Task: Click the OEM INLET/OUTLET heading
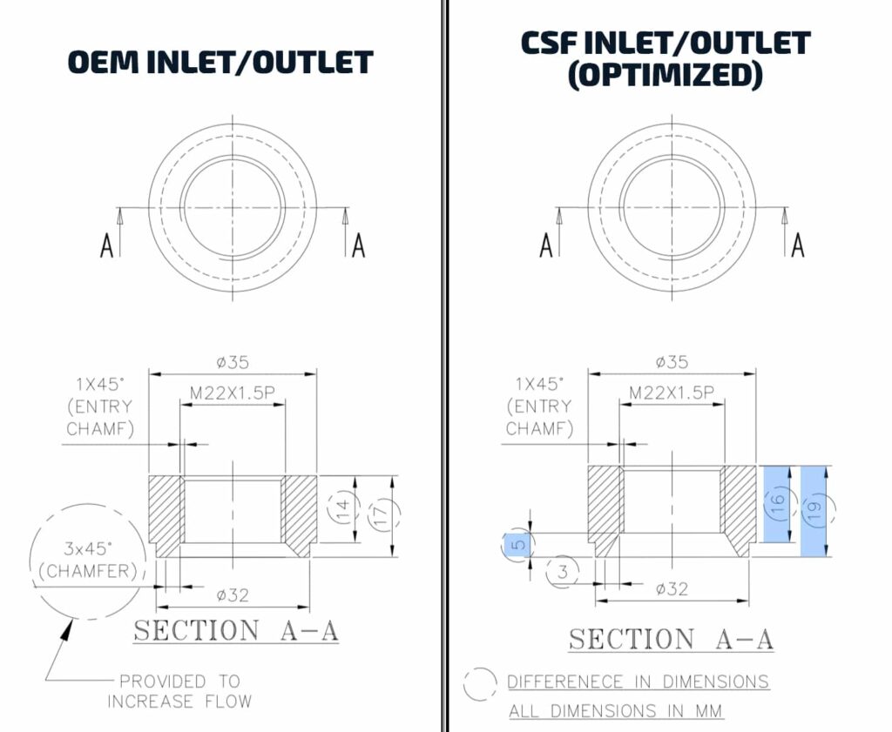[x=220, y=62]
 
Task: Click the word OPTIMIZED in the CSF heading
[x=665, y=75]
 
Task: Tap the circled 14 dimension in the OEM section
[x=343, y=508]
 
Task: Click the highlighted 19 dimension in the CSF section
[x=814, y=511]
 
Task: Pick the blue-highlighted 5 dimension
[x=517, y=545]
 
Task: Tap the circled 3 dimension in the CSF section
[x=563, y=572]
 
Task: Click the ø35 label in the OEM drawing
[x=233, y=362]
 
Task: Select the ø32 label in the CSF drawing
[x=672, y=588]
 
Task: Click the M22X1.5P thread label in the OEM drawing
[x=232, y=393]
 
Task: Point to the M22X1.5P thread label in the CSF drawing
[x=672, y=393]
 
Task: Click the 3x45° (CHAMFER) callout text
[x=89, y=560]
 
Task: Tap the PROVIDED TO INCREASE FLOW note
[x=179, y=691]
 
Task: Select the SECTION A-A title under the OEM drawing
[x=235, y=631]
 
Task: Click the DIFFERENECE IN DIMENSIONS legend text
[x=639, y=682]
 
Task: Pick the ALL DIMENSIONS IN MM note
[x=616, y=711]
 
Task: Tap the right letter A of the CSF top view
[x=798, y=245]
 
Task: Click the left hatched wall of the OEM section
[x=166, y=515]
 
